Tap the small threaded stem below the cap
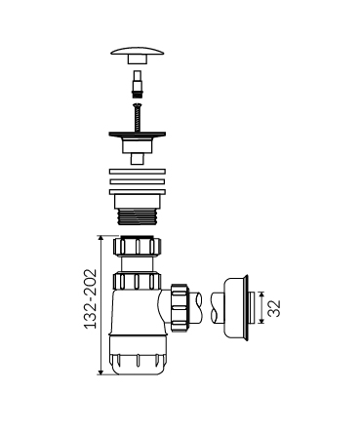pyautogui.click(x=137, y=84)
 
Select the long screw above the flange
pyautogui.click(x=138, y=117)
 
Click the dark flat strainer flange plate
pyautogui.click(x=138, y=134)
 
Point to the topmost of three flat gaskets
pyautogui.click(x=138, y=172)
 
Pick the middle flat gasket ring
pyautogui.click(x=138, y=181)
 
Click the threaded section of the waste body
pyautogui.click(x=137, y=216)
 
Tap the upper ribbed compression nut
pyautogui.click(x=138, y=246)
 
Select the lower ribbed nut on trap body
pyautogui.click(x=138, y=281)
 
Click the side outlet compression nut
pyautogui.click(x=180, y=302)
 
